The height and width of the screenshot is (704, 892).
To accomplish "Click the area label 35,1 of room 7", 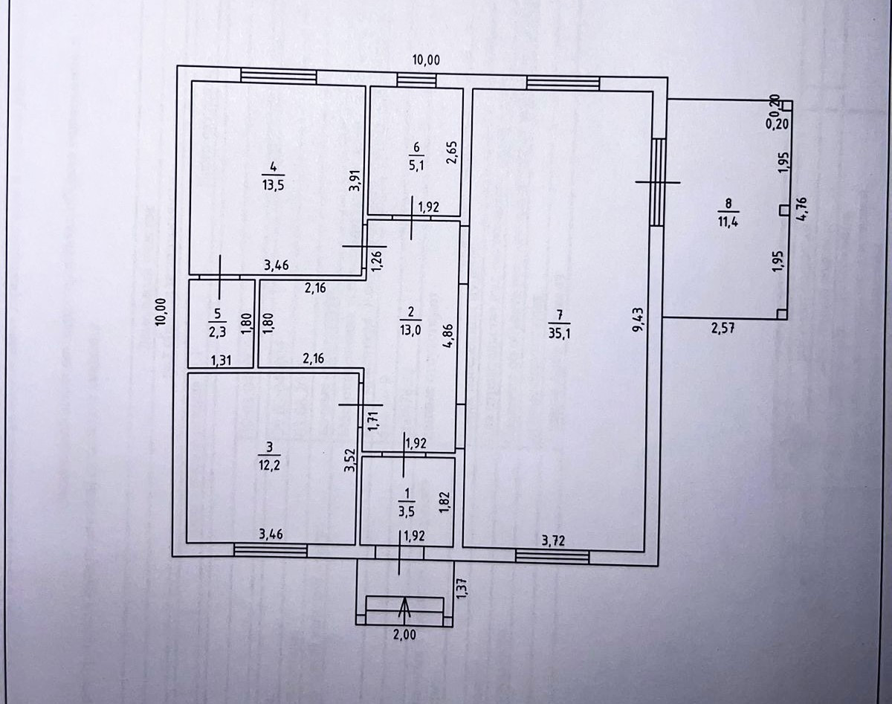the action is [559, 334].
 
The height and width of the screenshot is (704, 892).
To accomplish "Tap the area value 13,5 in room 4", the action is [273, 186].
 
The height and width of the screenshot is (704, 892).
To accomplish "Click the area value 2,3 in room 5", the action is [217, 334].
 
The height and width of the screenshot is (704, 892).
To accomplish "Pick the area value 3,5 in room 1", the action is [406, 511].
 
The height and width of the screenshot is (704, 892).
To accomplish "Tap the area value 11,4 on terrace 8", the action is [728, 221].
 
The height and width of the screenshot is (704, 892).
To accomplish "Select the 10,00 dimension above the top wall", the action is [425, 60].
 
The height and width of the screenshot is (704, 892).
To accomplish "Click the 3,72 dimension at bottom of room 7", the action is [554, 541].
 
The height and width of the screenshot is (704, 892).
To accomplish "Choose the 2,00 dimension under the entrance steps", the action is [404, 635].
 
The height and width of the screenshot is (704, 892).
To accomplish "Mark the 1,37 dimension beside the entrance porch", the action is [461, 590].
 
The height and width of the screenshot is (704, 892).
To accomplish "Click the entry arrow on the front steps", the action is [404, 609].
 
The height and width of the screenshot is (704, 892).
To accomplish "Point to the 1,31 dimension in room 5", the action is [222, 361].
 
